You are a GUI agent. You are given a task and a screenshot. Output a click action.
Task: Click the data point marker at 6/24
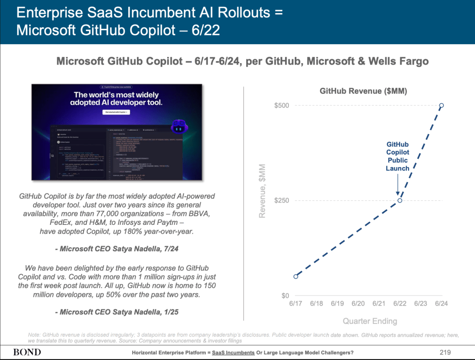click(x=441, y=105)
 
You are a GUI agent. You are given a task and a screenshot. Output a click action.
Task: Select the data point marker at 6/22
click(x=400, y=200)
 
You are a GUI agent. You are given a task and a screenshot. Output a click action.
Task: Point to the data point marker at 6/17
click(x=296, y=276)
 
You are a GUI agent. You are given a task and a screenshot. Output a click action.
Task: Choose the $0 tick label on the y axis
click(x=284, y=296)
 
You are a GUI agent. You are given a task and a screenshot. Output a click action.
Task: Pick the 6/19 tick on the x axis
click(x=338, y=304)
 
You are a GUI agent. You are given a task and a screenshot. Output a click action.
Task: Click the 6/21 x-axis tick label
click(x=379, y=304)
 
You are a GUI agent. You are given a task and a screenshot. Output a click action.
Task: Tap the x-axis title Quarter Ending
click(x=370, y=321)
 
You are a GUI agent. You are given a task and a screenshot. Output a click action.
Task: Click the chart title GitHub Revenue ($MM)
click(x=363, y=92)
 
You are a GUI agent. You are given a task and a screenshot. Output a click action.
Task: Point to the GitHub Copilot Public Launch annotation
click(x=398, y=157)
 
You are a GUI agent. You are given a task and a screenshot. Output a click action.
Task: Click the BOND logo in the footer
click(x=27, y=352)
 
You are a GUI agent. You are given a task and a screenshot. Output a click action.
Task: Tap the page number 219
click(x=445, y=352)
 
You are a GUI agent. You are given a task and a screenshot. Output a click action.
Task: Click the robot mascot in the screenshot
click(x=179, y=126)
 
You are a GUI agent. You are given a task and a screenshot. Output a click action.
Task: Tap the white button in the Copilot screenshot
click(x=116, y=112)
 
